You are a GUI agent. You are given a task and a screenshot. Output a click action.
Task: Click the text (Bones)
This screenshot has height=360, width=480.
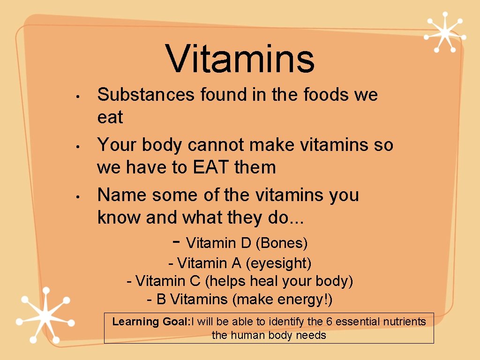(282, 243)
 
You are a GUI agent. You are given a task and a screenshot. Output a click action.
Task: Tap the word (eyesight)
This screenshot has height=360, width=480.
(279, 263)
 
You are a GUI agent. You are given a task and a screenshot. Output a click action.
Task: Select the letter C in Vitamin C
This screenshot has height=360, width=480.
(195, 281)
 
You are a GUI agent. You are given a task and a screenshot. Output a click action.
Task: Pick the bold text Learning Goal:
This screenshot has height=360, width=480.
(150, 322)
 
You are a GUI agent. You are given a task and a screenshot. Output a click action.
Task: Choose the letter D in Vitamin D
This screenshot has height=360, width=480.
(246, 243)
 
